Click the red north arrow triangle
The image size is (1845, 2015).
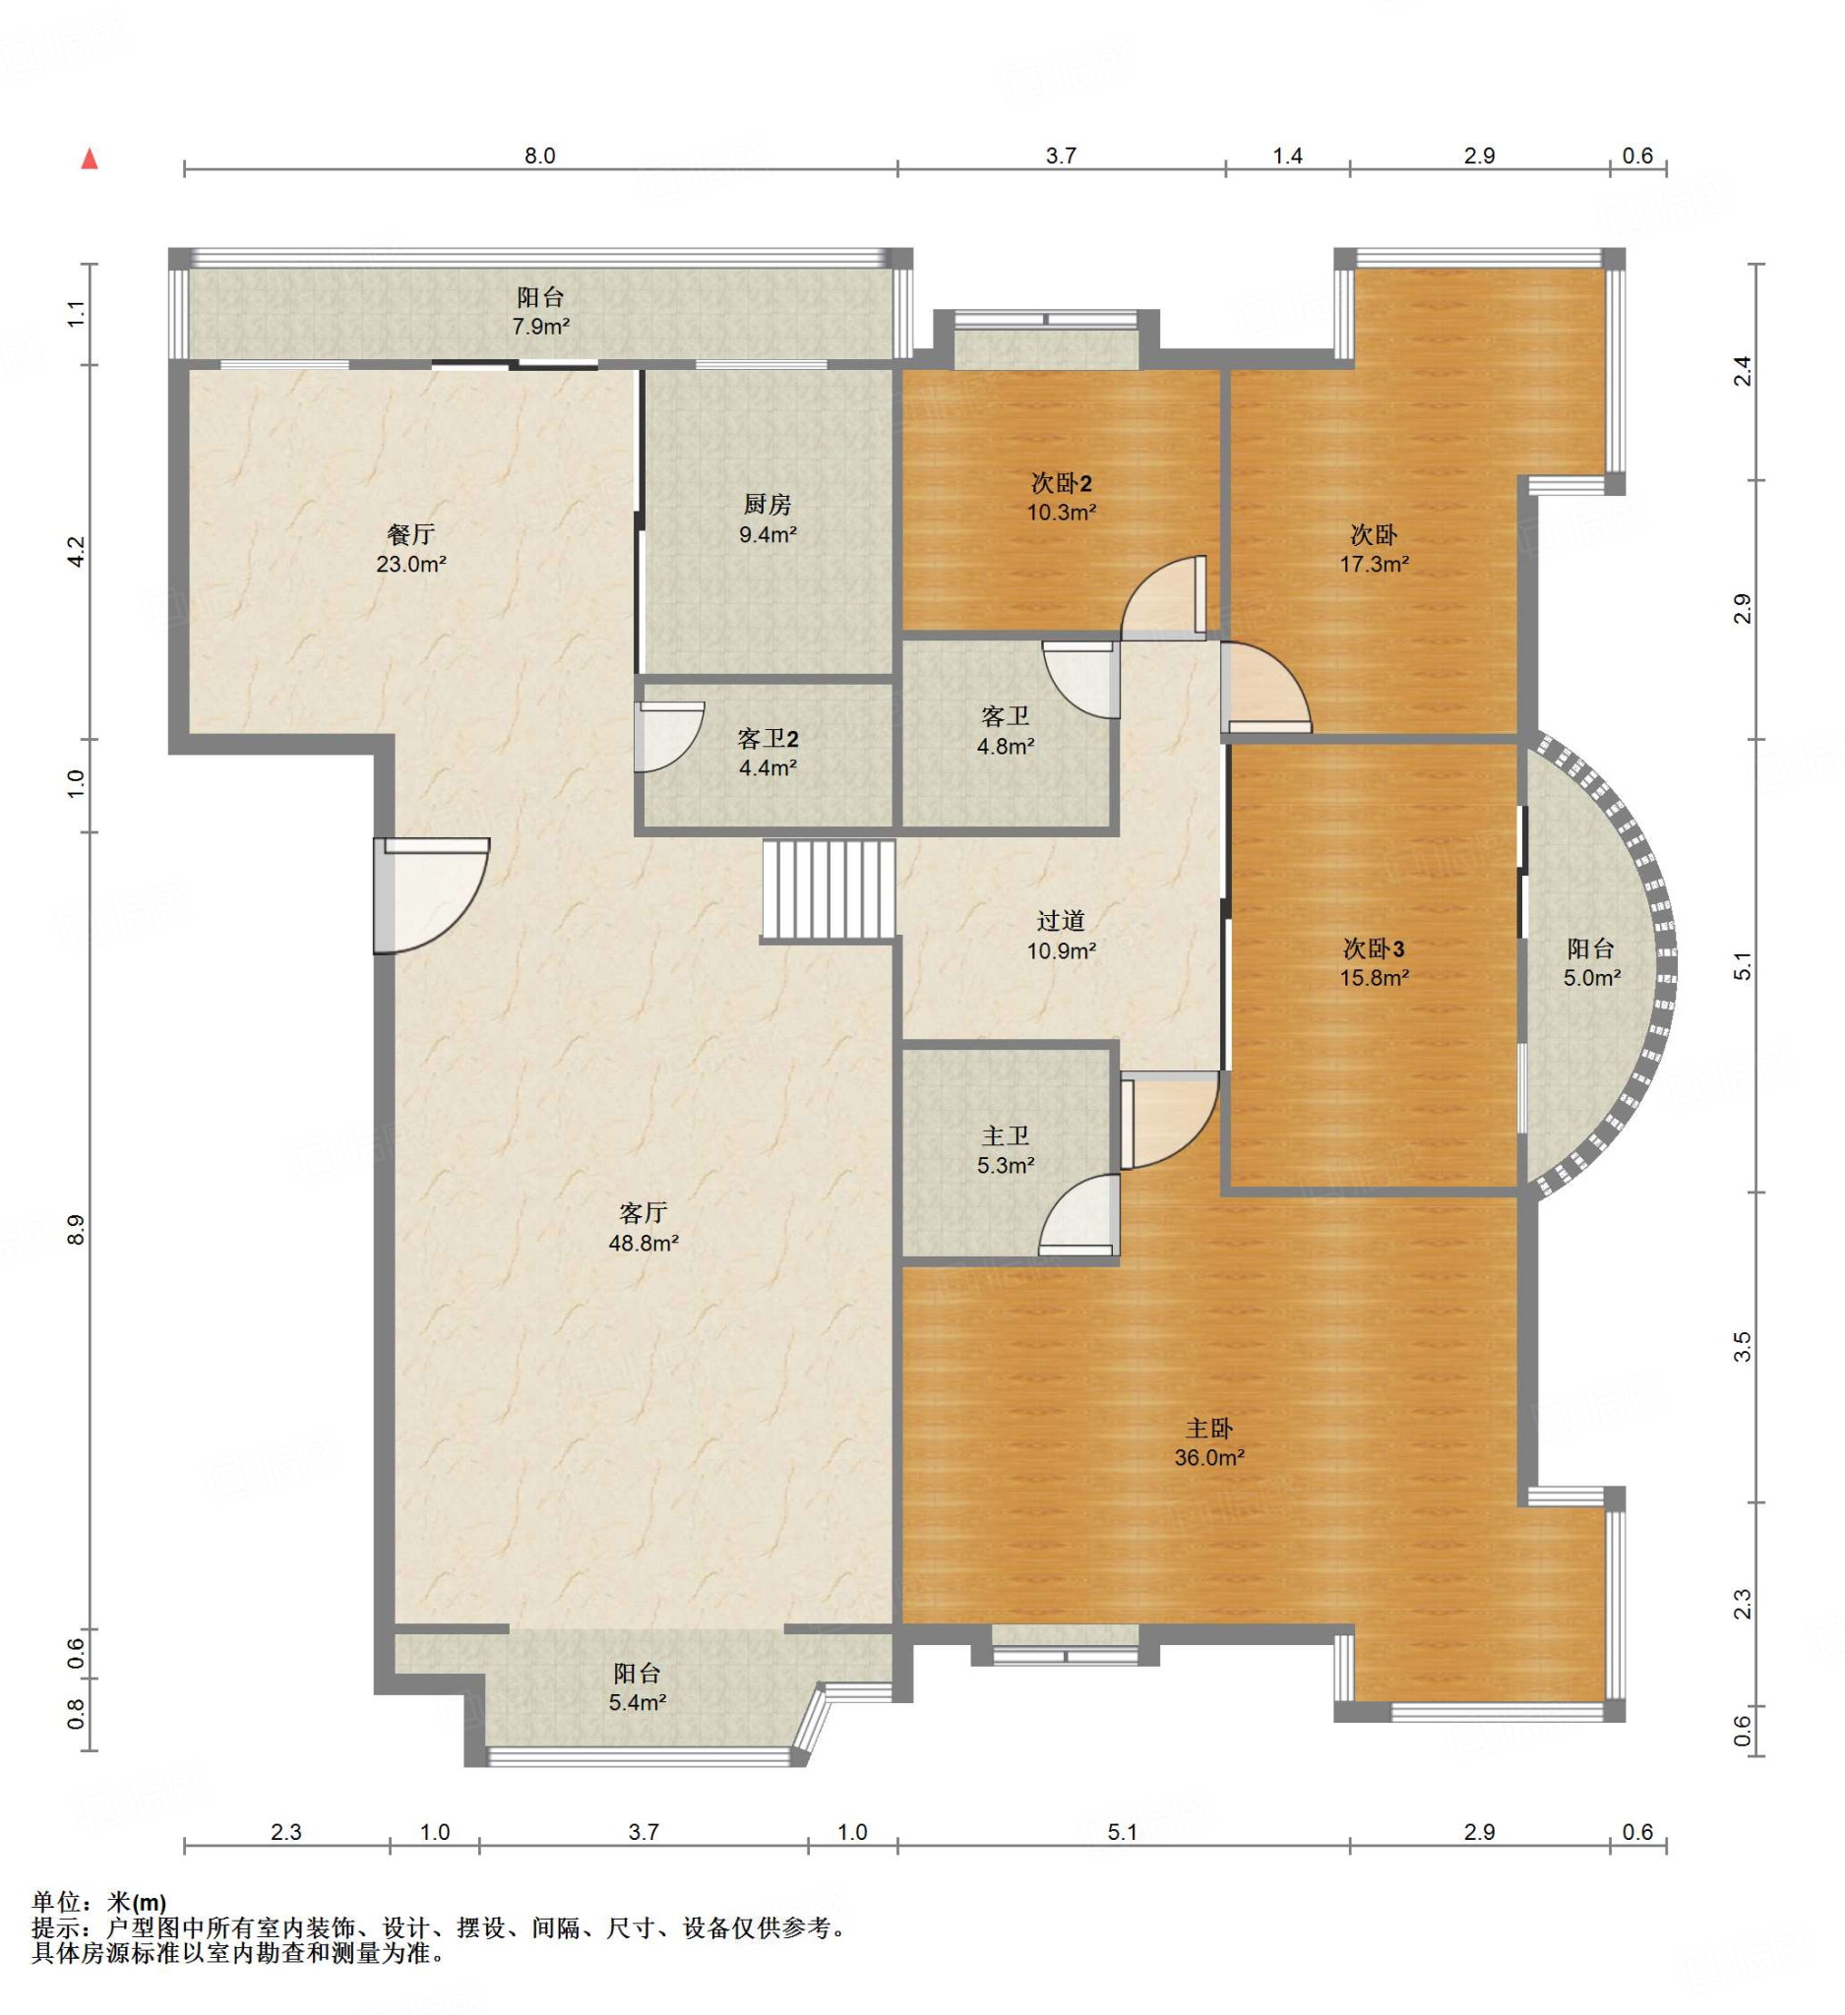90,159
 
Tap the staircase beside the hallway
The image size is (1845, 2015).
829,890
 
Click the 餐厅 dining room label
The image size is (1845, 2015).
410,534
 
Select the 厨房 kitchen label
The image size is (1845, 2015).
768,505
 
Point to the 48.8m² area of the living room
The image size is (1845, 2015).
644,1244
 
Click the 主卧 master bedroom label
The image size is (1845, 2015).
1209,1430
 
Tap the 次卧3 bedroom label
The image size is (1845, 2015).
1375,948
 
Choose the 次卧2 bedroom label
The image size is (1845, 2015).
1062,484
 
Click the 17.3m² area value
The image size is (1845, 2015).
1375,564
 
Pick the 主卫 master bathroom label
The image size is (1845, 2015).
1006,1136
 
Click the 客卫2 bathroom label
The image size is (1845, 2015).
768,739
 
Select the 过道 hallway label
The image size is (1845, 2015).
1062,921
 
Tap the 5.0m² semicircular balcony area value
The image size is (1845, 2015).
1592,978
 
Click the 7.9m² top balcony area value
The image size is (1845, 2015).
540,326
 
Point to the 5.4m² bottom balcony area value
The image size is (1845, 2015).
638,1702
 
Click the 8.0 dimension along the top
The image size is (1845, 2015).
539,155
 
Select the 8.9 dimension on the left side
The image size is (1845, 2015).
76,1231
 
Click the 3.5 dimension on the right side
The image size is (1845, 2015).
1742,1347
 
